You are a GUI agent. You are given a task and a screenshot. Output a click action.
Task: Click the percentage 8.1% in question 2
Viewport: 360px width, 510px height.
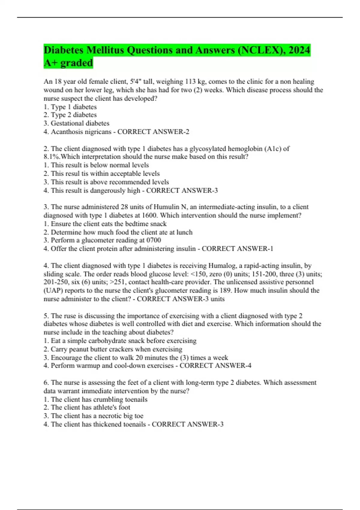coord(52,157)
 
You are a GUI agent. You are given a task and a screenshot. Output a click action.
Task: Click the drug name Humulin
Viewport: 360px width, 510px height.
coord(166,207)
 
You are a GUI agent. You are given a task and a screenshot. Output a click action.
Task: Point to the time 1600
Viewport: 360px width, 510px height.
coord(149,215)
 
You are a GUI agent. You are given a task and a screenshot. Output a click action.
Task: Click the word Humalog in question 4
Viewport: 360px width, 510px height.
coord(222,266)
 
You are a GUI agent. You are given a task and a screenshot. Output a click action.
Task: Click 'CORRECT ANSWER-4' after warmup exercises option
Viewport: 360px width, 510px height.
coord(215,366)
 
